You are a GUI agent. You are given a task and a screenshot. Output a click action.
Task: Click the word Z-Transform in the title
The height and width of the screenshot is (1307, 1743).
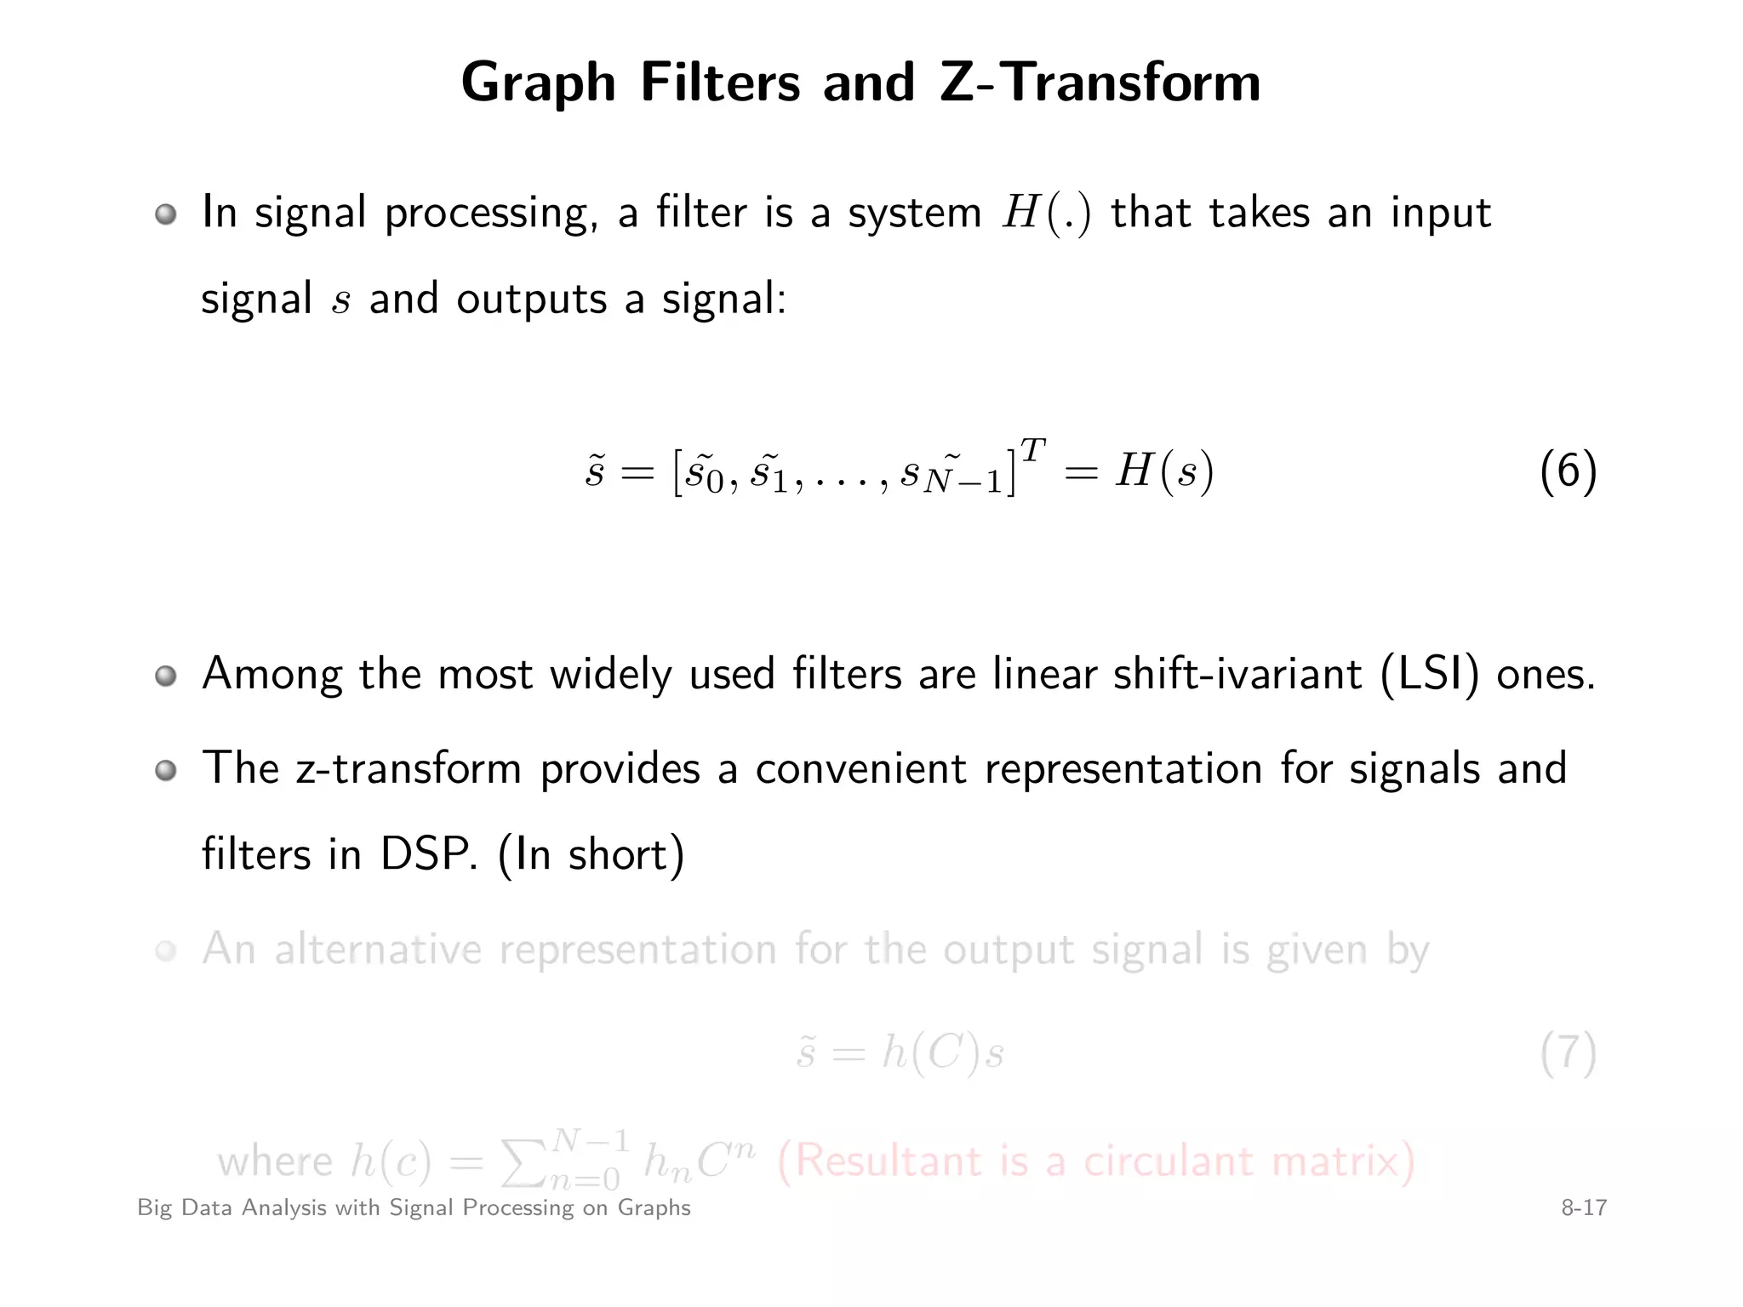[1100, 83]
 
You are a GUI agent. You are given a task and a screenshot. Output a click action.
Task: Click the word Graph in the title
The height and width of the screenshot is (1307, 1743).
[538, 84]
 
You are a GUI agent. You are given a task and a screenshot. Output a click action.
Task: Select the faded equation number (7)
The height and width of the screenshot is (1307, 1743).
[1568, 1053]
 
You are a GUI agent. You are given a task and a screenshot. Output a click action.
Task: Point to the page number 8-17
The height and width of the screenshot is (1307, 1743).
[1583, 1207]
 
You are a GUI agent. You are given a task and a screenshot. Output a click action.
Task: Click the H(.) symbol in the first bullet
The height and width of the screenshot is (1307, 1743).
[1046, 213]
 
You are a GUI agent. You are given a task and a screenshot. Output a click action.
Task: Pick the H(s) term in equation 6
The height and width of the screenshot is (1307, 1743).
[1164, 471]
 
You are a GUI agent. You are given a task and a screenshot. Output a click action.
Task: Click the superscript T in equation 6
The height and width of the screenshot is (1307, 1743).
[1032, 449]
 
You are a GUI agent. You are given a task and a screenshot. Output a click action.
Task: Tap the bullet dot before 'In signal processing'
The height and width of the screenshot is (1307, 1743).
[166, 214]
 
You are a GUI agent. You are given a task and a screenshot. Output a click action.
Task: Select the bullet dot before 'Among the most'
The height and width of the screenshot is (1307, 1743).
[166, 676]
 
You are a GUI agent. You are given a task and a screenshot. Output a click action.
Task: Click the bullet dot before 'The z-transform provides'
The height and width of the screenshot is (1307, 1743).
[166, 771]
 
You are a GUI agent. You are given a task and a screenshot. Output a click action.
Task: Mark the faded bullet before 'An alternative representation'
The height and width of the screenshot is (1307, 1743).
[166, 951]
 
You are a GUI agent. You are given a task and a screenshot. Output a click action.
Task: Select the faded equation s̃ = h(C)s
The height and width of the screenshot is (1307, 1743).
[900, 1053]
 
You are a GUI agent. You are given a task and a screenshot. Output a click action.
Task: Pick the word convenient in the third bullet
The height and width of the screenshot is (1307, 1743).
[860, 768]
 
